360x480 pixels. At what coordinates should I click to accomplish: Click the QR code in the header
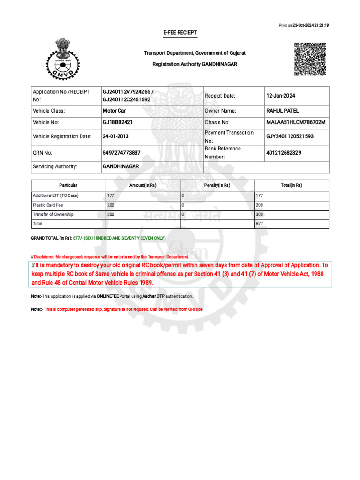point(310,59)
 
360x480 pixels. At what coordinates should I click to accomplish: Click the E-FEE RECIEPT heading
point(180,33)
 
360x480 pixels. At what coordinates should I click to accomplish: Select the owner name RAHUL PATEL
point(282,111)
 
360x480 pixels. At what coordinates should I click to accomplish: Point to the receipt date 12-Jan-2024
point(281,96)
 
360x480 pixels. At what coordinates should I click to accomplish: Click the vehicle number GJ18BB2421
point(118,122)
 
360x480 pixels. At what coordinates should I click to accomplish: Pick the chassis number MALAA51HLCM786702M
point(295,122)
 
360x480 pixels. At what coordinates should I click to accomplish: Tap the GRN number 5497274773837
point(121,153)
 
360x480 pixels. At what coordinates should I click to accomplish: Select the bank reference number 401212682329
point(284,153)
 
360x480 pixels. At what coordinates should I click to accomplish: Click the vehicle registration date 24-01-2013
point(116,136)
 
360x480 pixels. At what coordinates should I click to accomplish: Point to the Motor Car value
point(114,111)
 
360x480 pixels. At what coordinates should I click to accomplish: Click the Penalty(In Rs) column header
point(217,185)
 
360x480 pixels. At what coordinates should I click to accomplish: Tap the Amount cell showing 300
point(111,214)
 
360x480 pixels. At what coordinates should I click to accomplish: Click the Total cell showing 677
point(259,224)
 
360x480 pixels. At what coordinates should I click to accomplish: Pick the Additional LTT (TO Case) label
point(55,195)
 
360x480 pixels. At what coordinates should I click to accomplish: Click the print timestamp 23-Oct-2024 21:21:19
point(310,25)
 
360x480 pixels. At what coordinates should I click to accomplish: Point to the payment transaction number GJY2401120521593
point(290,136)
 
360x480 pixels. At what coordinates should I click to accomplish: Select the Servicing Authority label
point(55,166)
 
